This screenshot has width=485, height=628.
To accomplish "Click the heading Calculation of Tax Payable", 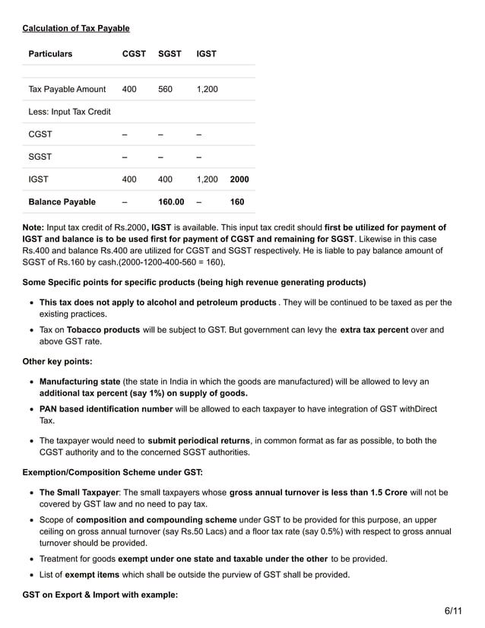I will click(76, 28).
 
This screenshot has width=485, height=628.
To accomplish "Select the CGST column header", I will click(135, 54).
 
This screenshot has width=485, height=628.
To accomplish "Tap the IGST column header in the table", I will click(206, 54).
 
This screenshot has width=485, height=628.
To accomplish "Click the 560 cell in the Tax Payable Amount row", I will click(165, 90).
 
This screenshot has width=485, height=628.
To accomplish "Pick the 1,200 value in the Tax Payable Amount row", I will click(207, 90).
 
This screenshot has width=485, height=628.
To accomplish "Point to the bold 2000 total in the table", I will click(239, 179).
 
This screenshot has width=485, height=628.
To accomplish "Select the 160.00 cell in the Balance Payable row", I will click(171, 202).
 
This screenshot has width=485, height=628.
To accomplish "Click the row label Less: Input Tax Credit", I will click(69, 112).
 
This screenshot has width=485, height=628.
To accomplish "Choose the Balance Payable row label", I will click(62, 202).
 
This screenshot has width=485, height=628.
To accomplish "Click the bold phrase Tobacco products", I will click(103, 330).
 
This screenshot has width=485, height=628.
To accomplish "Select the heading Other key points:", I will click(58, 362).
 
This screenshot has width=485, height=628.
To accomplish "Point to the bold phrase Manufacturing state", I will click(80, 382).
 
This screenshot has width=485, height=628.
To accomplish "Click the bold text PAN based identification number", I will click(106, 409).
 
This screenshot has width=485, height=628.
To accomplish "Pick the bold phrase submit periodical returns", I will click(199, 441).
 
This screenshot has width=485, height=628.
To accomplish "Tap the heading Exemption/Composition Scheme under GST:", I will click(113, 472).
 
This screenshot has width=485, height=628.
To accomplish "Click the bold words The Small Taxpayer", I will click(78, 492).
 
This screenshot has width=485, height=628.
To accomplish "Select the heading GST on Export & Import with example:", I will click(100, 595).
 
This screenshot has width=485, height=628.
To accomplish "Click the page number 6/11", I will click(453, 611).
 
